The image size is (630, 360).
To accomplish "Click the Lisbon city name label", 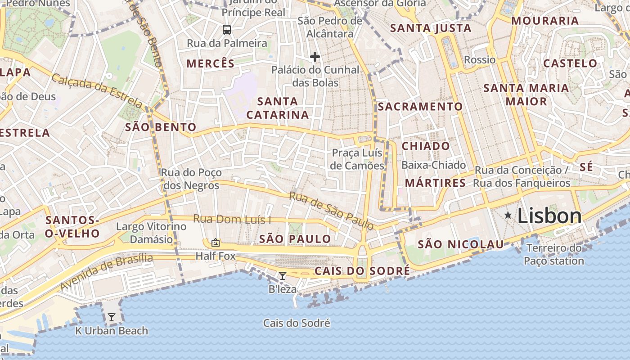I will coord(549,216).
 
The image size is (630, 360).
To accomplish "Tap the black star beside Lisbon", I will coord(508,216).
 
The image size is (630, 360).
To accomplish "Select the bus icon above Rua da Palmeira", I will coord(227,30).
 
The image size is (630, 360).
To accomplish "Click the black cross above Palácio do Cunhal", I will coord(315,57).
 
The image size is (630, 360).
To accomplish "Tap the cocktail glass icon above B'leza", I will coord(282,276).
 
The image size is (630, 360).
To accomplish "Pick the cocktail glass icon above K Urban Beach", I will coord(111,317).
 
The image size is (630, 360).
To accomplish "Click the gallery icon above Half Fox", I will coord(216,243).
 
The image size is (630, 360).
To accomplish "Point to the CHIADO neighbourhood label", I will coord(425,146).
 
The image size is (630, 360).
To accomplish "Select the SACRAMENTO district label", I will coord(420,107).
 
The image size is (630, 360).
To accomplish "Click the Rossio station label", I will coord(480,60).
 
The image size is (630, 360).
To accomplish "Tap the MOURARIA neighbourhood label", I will coord(545,21).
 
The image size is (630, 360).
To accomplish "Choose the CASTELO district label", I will coord(570,63).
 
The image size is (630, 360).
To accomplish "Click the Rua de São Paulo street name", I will coord(331,210).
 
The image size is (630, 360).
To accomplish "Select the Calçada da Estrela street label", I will coord(97,92).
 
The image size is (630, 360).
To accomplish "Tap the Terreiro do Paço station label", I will coord(554,254).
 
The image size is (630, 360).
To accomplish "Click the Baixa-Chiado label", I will coord(433,165).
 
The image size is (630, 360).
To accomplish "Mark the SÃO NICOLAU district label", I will coord(461,244).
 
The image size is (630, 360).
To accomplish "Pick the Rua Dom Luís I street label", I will coord(232,220).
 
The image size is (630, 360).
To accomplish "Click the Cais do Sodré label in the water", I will coord(297,323).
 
